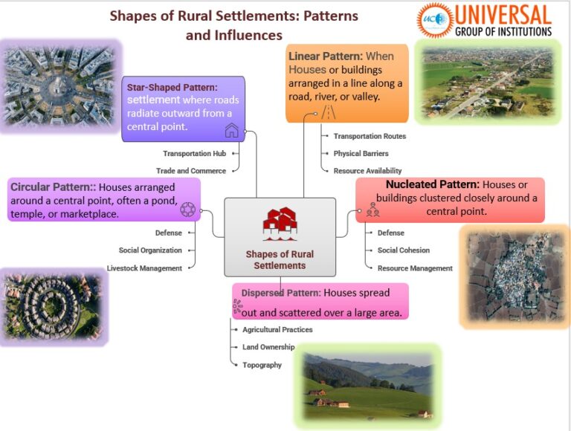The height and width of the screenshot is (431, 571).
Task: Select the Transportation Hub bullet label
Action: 194,154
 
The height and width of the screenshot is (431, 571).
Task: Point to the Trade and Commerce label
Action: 190,170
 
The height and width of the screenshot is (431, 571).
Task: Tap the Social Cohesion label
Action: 403,250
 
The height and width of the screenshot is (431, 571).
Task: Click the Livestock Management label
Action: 144,268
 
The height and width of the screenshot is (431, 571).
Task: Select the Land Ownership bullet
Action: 268,347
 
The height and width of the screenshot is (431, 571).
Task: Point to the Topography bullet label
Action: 262,365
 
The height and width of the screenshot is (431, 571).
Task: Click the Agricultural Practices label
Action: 277,329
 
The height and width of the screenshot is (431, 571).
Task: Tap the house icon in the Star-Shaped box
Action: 232,131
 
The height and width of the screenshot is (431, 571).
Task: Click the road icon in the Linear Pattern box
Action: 328,112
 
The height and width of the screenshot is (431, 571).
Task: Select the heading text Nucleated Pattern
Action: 433,184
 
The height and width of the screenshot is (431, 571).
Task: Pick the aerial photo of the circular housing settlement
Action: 52,305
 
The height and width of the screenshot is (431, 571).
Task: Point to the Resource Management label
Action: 415,268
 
